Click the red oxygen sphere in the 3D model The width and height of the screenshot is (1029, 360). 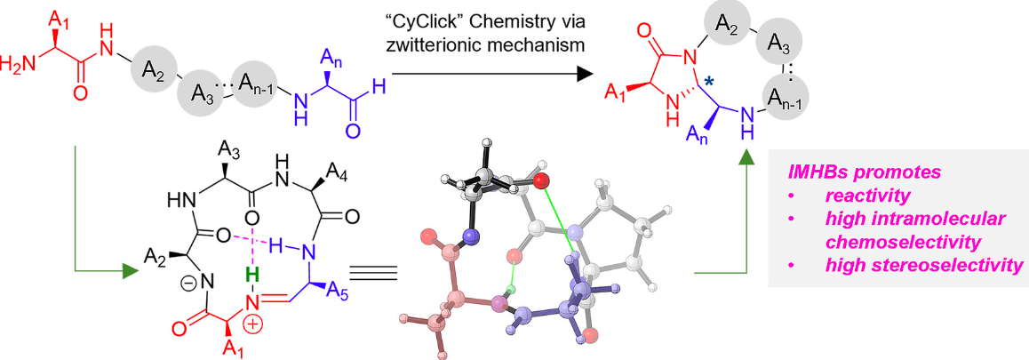point(540,180)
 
